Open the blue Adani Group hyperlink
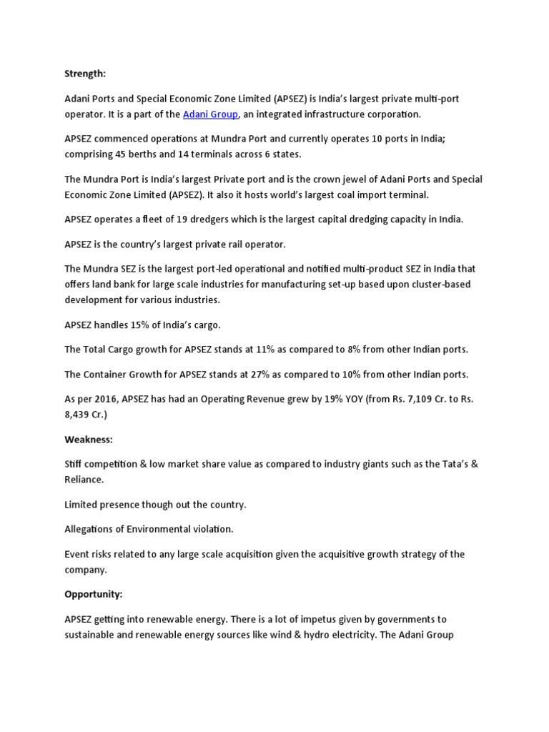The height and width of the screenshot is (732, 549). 210,114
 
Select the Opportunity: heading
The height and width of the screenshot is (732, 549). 93,594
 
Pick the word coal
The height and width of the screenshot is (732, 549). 361,194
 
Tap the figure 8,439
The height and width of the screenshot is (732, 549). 79,415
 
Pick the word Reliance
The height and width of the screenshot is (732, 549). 84,480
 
